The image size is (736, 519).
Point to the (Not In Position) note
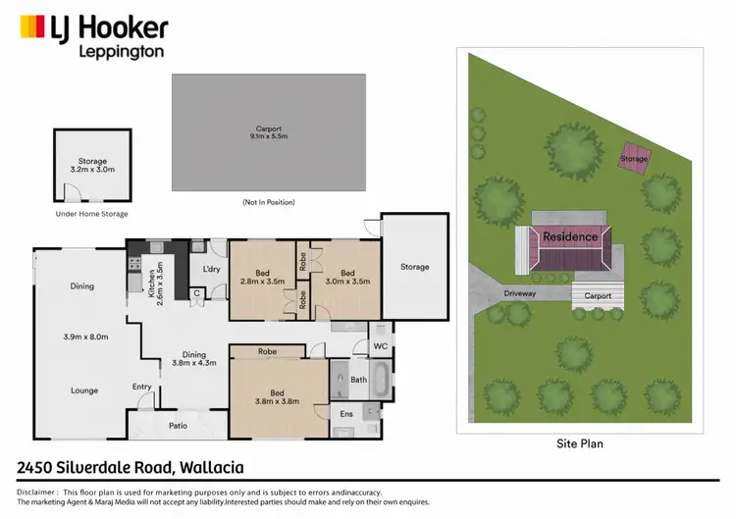click(268, 202)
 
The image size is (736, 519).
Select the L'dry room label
click(210, 269)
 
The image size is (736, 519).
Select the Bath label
click(358, 379)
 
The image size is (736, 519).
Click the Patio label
click(177, 425)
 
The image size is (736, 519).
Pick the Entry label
click(143, 387)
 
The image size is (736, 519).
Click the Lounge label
click(83, 390)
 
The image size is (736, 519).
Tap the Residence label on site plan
click(570, 236)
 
